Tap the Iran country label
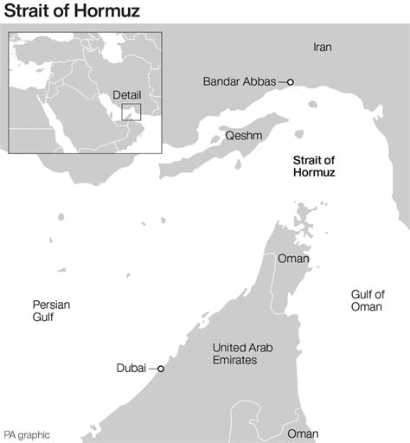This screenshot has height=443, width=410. (x=322, y=47)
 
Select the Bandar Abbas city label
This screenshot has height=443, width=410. (x=240, y=82)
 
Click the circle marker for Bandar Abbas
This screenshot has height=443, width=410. (x=291, y=82)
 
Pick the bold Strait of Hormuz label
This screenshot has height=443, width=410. (x=314, y=165)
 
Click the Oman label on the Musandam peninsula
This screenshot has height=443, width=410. (x=292, y=259)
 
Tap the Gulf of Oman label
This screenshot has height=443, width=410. (x=368, y=300)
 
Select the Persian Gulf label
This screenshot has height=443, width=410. (x=51, y=311)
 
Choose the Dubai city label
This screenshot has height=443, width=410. (x=131, y=369)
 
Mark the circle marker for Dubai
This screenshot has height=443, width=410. (x=160, y=369)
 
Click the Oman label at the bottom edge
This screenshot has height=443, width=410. (x=302, y=433)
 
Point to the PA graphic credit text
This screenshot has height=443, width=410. (x=27, y=434)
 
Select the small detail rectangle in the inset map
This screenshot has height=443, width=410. (x=131, y=112)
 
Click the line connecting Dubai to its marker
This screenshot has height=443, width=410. (x=152, y=369)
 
